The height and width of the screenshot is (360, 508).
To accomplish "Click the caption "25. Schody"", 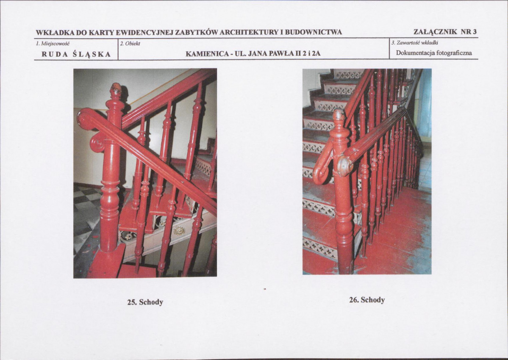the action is (x=145, y=302).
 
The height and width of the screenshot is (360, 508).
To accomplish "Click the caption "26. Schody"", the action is (x=367, y=300).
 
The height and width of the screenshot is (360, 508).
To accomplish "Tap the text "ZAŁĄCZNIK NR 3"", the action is (x=445, y=32).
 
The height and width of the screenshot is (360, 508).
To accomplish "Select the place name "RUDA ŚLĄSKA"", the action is (x=76, y=54).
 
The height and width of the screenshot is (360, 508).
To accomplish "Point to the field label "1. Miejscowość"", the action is (x=53, y=43).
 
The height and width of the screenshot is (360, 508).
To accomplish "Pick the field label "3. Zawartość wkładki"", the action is (x=415, y=43).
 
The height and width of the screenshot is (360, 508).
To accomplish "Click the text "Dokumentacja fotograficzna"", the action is (x=434, y=53).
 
